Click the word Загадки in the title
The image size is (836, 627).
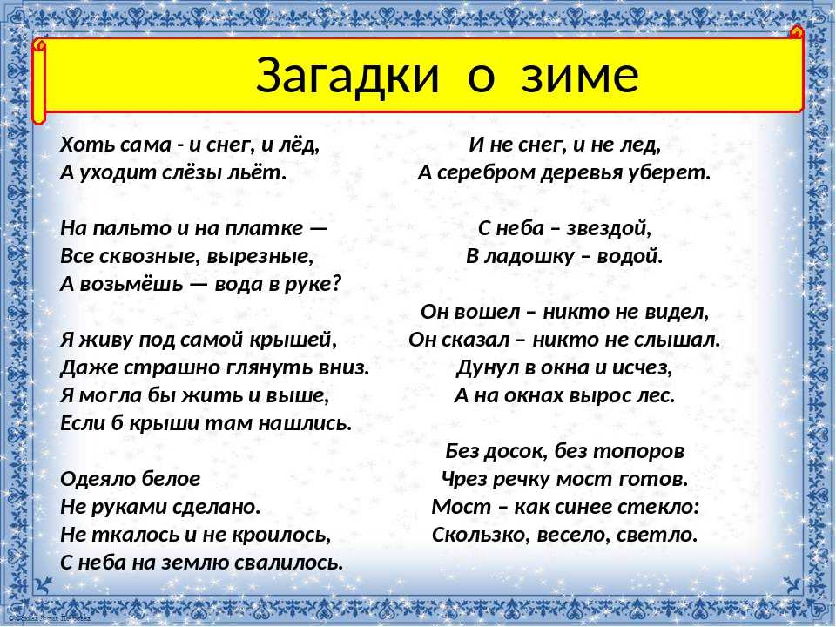347,75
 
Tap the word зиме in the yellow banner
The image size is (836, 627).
580,76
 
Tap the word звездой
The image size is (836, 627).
609,229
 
